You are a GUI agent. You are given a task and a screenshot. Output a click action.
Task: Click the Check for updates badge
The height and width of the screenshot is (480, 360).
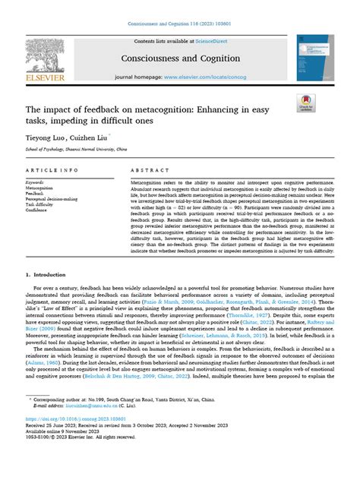click(x=307, y=103)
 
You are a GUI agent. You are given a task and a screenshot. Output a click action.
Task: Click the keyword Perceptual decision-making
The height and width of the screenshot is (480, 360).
click(x=73, y=198)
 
